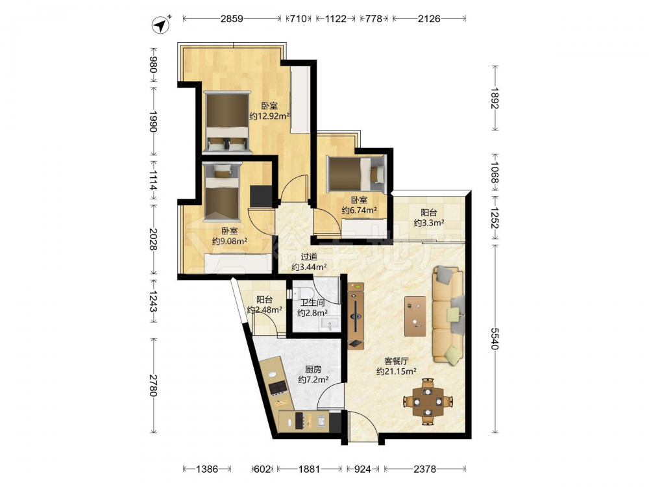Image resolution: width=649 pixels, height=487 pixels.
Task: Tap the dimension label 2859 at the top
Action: (x=232, y=19)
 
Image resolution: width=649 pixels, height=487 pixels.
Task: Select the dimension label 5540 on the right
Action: (x=495, y=338)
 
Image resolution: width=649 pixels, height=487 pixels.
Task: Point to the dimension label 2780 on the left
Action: (x=154, y=385)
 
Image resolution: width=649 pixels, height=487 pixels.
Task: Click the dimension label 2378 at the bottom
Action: (x=424, y=469)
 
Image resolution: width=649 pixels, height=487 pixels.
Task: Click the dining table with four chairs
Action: (x=428, y=401)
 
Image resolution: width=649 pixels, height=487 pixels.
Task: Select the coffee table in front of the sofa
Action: (x=415, y=316)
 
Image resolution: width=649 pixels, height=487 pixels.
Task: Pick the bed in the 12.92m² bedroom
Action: (x=227, y=123)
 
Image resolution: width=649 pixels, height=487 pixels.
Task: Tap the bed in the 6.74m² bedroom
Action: (x=356, y=174)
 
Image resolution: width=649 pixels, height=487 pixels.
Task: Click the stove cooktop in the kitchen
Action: (x=277, y=387)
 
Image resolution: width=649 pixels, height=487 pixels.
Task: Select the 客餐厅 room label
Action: (x=396, y=361)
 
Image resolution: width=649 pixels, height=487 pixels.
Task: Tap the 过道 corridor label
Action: (x=309, y=256)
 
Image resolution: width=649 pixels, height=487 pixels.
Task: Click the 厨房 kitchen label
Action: (x=313, y=369)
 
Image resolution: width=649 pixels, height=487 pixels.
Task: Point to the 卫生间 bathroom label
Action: (x=313, y=303)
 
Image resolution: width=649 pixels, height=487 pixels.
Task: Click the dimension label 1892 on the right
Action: (x=495, y=98)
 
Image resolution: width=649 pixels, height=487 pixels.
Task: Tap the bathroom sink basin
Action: (x=330, y=324)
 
